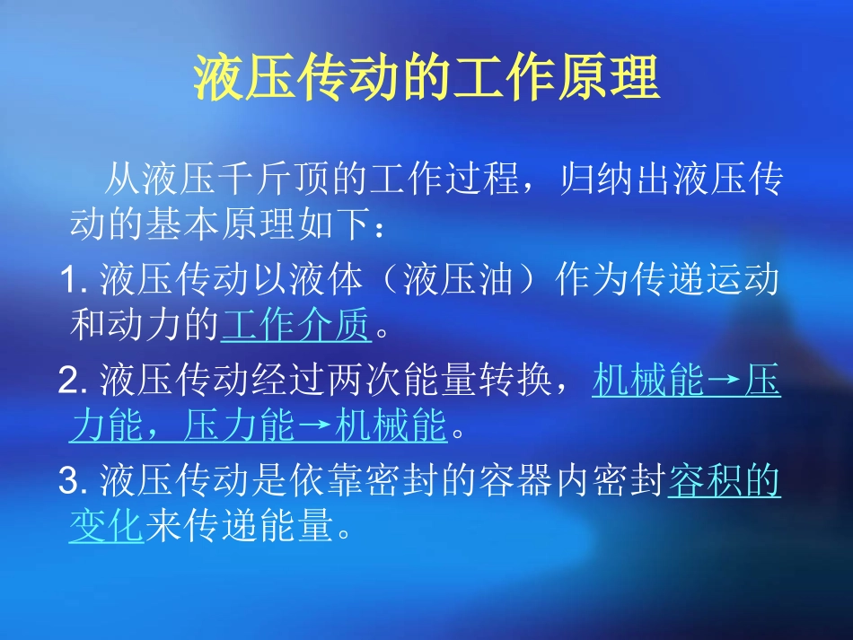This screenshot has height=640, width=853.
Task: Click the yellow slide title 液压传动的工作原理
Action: coord(426,79)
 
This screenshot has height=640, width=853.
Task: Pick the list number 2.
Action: coord(70,382)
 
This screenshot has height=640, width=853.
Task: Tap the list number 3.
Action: coord(70,483)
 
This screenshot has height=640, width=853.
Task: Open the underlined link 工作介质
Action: coord(296,327)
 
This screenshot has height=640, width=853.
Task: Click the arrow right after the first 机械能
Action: coord(724,382)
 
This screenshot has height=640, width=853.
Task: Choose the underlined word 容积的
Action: coord(725,483)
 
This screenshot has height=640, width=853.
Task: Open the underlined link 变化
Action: coord(107,528)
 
